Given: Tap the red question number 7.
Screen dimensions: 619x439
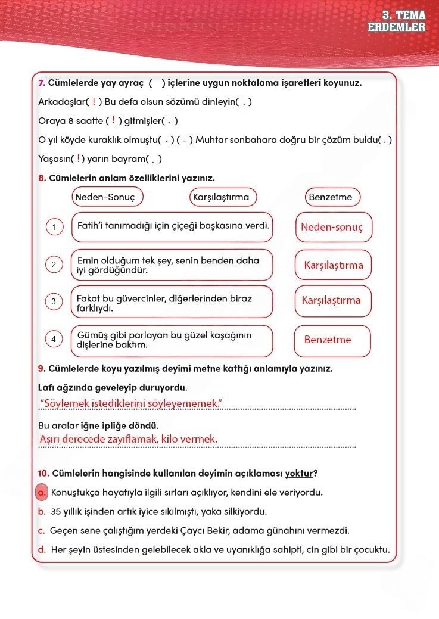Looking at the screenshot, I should [x=41, y=83].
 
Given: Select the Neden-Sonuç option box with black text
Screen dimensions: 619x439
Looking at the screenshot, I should [x=108, y=197].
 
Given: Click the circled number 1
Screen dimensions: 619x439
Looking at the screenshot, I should [x=54, y=227].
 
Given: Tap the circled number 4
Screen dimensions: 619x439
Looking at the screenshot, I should [x=54, y=340].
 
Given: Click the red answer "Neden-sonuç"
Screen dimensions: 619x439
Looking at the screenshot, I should [x=332, y=227].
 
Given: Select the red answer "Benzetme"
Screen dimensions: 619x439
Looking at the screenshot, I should [x=328, y=340].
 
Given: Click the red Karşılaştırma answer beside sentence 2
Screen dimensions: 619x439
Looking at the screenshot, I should [x=333, y=265].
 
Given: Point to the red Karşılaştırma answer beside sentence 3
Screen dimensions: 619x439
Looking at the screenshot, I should [x=331, y=300].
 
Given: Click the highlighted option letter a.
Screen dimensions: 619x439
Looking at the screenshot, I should [x=42, y=493].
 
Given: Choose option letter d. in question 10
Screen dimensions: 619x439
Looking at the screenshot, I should [x=42, y=549].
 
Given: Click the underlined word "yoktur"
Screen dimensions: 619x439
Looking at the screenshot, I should [x=299, y=474].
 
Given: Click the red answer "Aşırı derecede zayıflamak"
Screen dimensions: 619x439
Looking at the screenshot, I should [x=127, y=440].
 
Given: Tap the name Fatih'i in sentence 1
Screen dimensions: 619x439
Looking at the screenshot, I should [x=91, y=226].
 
